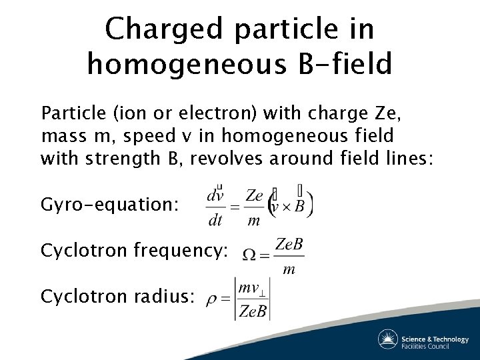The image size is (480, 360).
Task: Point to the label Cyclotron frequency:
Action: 134,251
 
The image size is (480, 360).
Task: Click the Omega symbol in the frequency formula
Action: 248,254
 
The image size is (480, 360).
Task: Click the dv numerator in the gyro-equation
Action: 215,196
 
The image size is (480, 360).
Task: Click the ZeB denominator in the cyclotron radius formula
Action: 253,311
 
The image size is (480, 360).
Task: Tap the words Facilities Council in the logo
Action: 425,345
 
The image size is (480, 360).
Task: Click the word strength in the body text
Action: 108,159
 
